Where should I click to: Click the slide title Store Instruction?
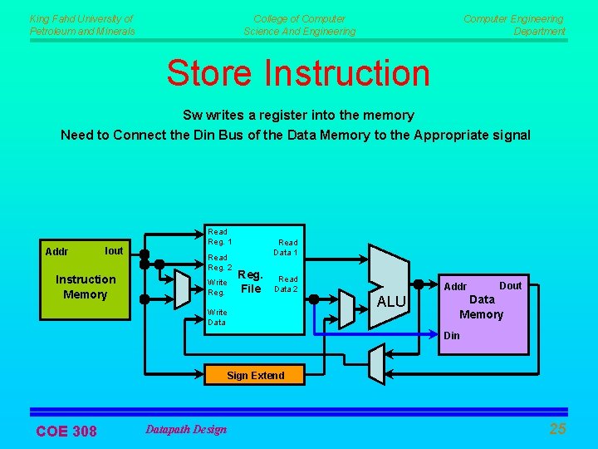[x=298, y=72]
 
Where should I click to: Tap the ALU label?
[x=391, y=301]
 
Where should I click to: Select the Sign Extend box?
[x=255, y=375]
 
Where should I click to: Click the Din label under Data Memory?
[x=451, y=336]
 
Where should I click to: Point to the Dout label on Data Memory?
[x=510, y=285]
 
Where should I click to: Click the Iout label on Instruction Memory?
[x=114, y=250]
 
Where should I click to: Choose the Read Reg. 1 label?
[x=218, y=236]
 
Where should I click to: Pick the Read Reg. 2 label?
[x=218, y=263]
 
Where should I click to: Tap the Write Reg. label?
[x=217, y=288]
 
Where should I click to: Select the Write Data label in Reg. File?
[x=217, y=317]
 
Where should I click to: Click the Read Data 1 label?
[x=287, y=247]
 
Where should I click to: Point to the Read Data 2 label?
[x=287, y=284]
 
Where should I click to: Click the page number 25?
[x=557, y=429]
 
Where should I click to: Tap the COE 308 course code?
[x=66, y=431]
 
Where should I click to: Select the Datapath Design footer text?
[x=185, y=429]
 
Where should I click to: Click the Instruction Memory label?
[x=85, y=287]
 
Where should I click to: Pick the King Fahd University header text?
[x=81, y=25]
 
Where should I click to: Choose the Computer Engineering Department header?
[x=514, y=25]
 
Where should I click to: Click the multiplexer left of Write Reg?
[x=184, y=288]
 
